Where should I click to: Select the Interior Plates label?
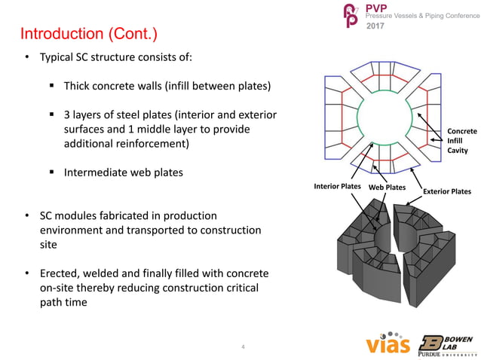pos(335,186)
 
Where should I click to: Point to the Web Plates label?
pos(388,186)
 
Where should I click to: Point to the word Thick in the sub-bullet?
pos(80,87)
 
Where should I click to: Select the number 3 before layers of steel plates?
pos(68,114)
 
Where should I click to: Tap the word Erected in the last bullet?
pos(61,272)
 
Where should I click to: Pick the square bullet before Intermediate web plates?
pos(52,172)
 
